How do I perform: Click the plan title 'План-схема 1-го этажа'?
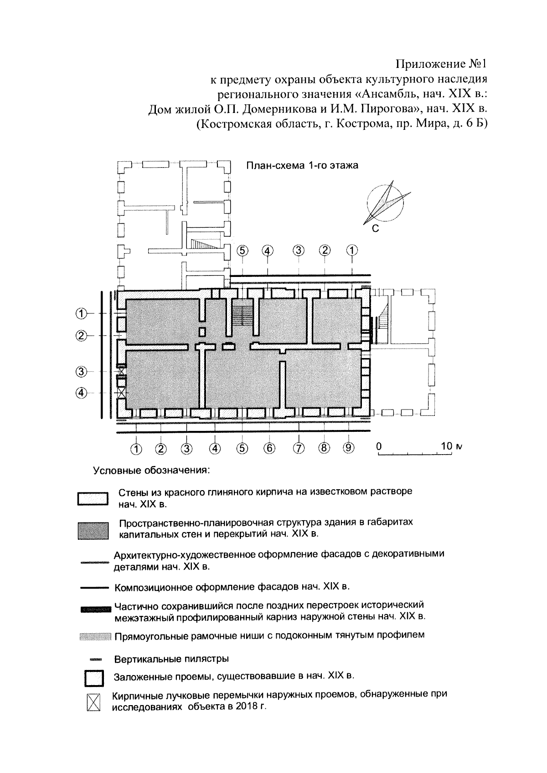pos(302,165)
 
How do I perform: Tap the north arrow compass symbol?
pos(386,202)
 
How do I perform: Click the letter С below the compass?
pos(375,229)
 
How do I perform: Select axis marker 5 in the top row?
pos(243,250)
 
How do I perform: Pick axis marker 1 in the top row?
pos(352,250)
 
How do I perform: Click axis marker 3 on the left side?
pos(81,372)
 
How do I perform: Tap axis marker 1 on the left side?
pos(81,314)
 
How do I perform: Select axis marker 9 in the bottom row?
pos(348,448)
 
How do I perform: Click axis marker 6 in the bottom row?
pos(269,448)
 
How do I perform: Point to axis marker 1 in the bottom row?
pos(136,449)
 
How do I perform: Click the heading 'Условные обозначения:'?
pos(151,471)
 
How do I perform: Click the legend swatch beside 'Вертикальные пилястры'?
pos(95,659)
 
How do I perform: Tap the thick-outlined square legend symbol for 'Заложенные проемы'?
pos(93,678)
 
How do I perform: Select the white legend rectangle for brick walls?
pos(93,499)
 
